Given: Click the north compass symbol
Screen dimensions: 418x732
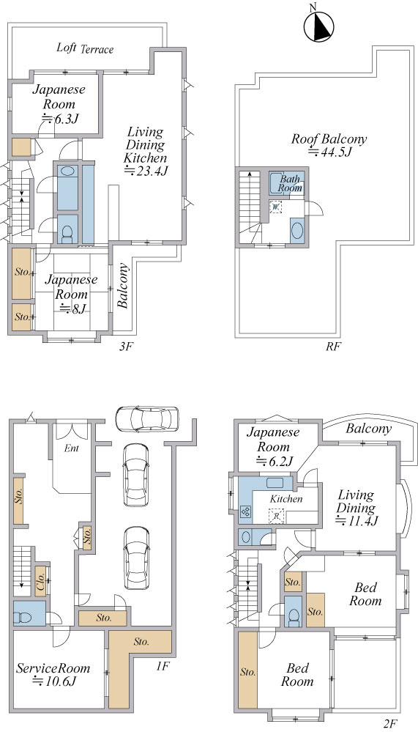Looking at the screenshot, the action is point(319,26).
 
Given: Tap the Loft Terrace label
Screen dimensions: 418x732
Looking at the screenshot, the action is point(85,48).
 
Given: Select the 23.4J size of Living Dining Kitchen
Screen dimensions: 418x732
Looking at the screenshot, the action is point(146,171).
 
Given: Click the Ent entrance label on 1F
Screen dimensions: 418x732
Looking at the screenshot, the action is point(72,448).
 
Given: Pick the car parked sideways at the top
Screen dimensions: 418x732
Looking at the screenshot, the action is point(147,418).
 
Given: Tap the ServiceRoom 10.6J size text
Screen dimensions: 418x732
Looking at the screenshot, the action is point(53,681).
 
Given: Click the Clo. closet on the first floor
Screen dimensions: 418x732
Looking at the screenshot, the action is point(41,581).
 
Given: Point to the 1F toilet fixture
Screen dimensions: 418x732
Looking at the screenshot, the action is point(23,617).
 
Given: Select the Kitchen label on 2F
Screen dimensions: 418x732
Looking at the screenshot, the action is point(286,498).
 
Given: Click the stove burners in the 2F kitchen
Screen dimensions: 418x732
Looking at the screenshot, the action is point(245,511).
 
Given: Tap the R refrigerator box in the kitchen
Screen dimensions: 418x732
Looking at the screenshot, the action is point(276,516).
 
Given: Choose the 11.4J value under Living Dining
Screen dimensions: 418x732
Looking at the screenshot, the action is point(357,521).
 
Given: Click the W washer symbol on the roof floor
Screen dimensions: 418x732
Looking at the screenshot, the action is point(275,207).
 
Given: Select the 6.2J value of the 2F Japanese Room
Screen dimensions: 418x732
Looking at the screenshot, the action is point(275,462).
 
